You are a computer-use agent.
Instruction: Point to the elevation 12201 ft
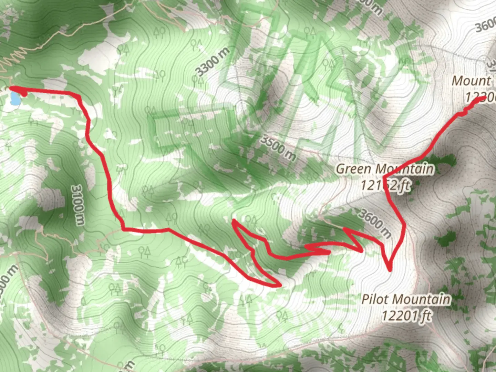406,316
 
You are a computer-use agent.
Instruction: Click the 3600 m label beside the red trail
374,223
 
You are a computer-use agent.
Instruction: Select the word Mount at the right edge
471,81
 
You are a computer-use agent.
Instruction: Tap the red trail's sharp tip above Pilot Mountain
390,270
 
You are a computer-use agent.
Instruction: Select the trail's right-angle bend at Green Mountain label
384,178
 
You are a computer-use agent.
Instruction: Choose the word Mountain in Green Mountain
404,169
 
